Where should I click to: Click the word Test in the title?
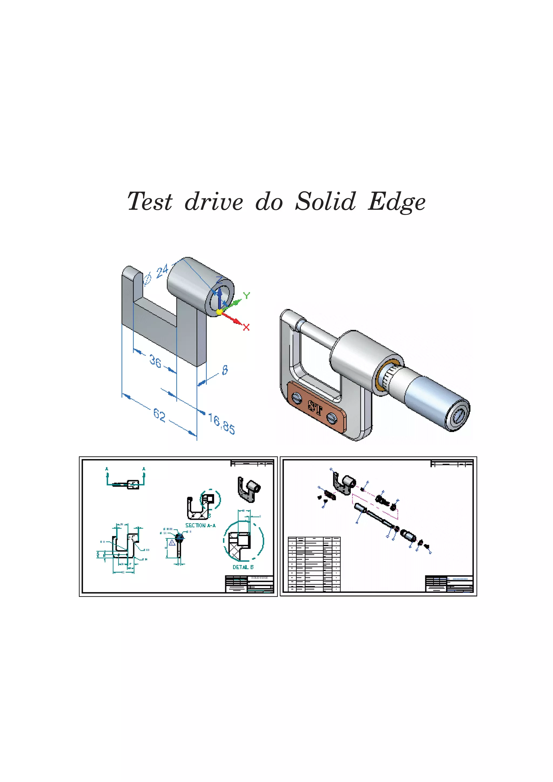tap(150, 201)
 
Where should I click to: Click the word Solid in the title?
tap(325, 201)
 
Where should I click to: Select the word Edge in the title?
tap(397, 202)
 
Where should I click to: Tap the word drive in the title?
tap(214, 201)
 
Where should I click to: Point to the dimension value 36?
tap(155, 361)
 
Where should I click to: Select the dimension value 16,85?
tap(221, 424)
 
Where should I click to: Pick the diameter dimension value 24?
tap(162, 271)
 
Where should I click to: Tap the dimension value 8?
tap(225, 370)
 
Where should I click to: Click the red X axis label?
tap(246, 327)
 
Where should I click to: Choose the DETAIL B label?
tap(243, 567)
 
